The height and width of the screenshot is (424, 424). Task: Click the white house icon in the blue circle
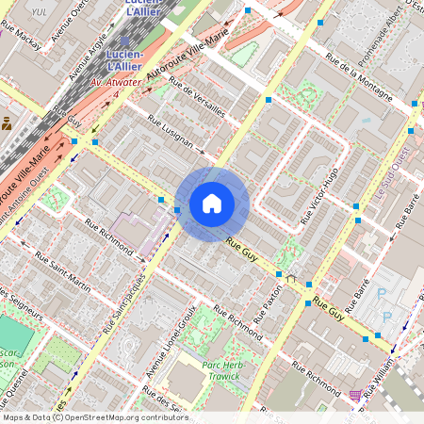click(x=212, y=203)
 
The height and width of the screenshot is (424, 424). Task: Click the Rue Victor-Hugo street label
click(x=318, y=195)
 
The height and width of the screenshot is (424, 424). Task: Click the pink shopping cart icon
click(x=355, y=397)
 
